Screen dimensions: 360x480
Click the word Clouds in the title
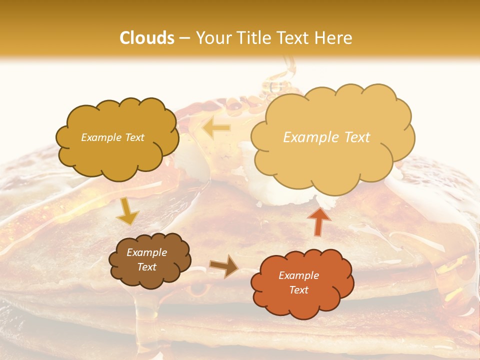147,38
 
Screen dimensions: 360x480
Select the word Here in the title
333,38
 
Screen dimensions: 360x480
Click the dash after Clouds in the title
184,38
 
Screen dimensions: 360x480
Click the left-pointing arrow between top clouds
216,128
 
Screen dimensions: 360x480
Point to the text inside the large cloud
326,137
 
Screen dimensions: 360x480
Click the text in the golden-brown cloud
112,137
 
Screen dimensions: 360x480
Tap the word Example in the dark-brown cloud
147,252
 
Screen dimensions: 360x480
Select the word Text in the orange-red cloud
298,290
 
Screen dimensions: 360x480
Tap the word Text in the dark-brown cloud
147,267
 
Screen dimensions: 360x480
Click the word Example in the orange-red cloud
298,275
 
